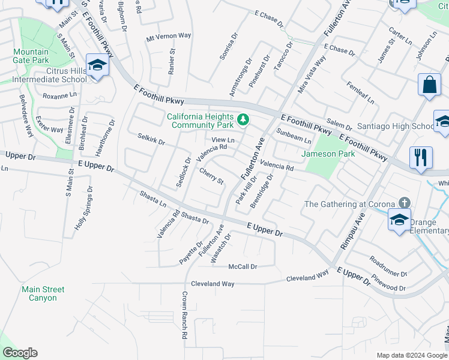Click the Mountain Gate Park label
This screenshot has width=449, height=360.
(31, 56)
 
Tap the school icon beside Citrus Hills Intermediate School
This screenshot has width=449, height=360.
(96, 65)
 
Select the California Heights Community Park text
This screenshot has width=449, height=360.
(200, 121)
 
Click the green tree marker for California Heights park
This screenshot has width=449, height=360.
(243, 120)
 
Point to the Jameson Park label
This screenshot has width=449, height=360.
(328, 154)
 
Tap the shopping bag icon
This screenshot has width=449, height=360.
(430, 86)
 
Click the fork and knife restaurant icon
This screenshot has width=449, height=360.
(421, 158)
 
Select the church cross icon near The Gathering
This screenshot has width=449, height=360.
(406, 203)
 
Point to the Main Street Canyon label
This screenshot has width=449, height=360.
(43, 293)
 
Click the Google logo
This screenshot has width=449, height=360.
(20, 353)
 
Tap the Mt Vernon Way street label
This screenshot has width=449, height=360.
(169, 37)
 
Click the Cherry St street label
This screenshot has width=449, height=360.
(211, 176)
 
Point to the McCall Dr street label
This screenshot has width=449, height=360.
(243, 266)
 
